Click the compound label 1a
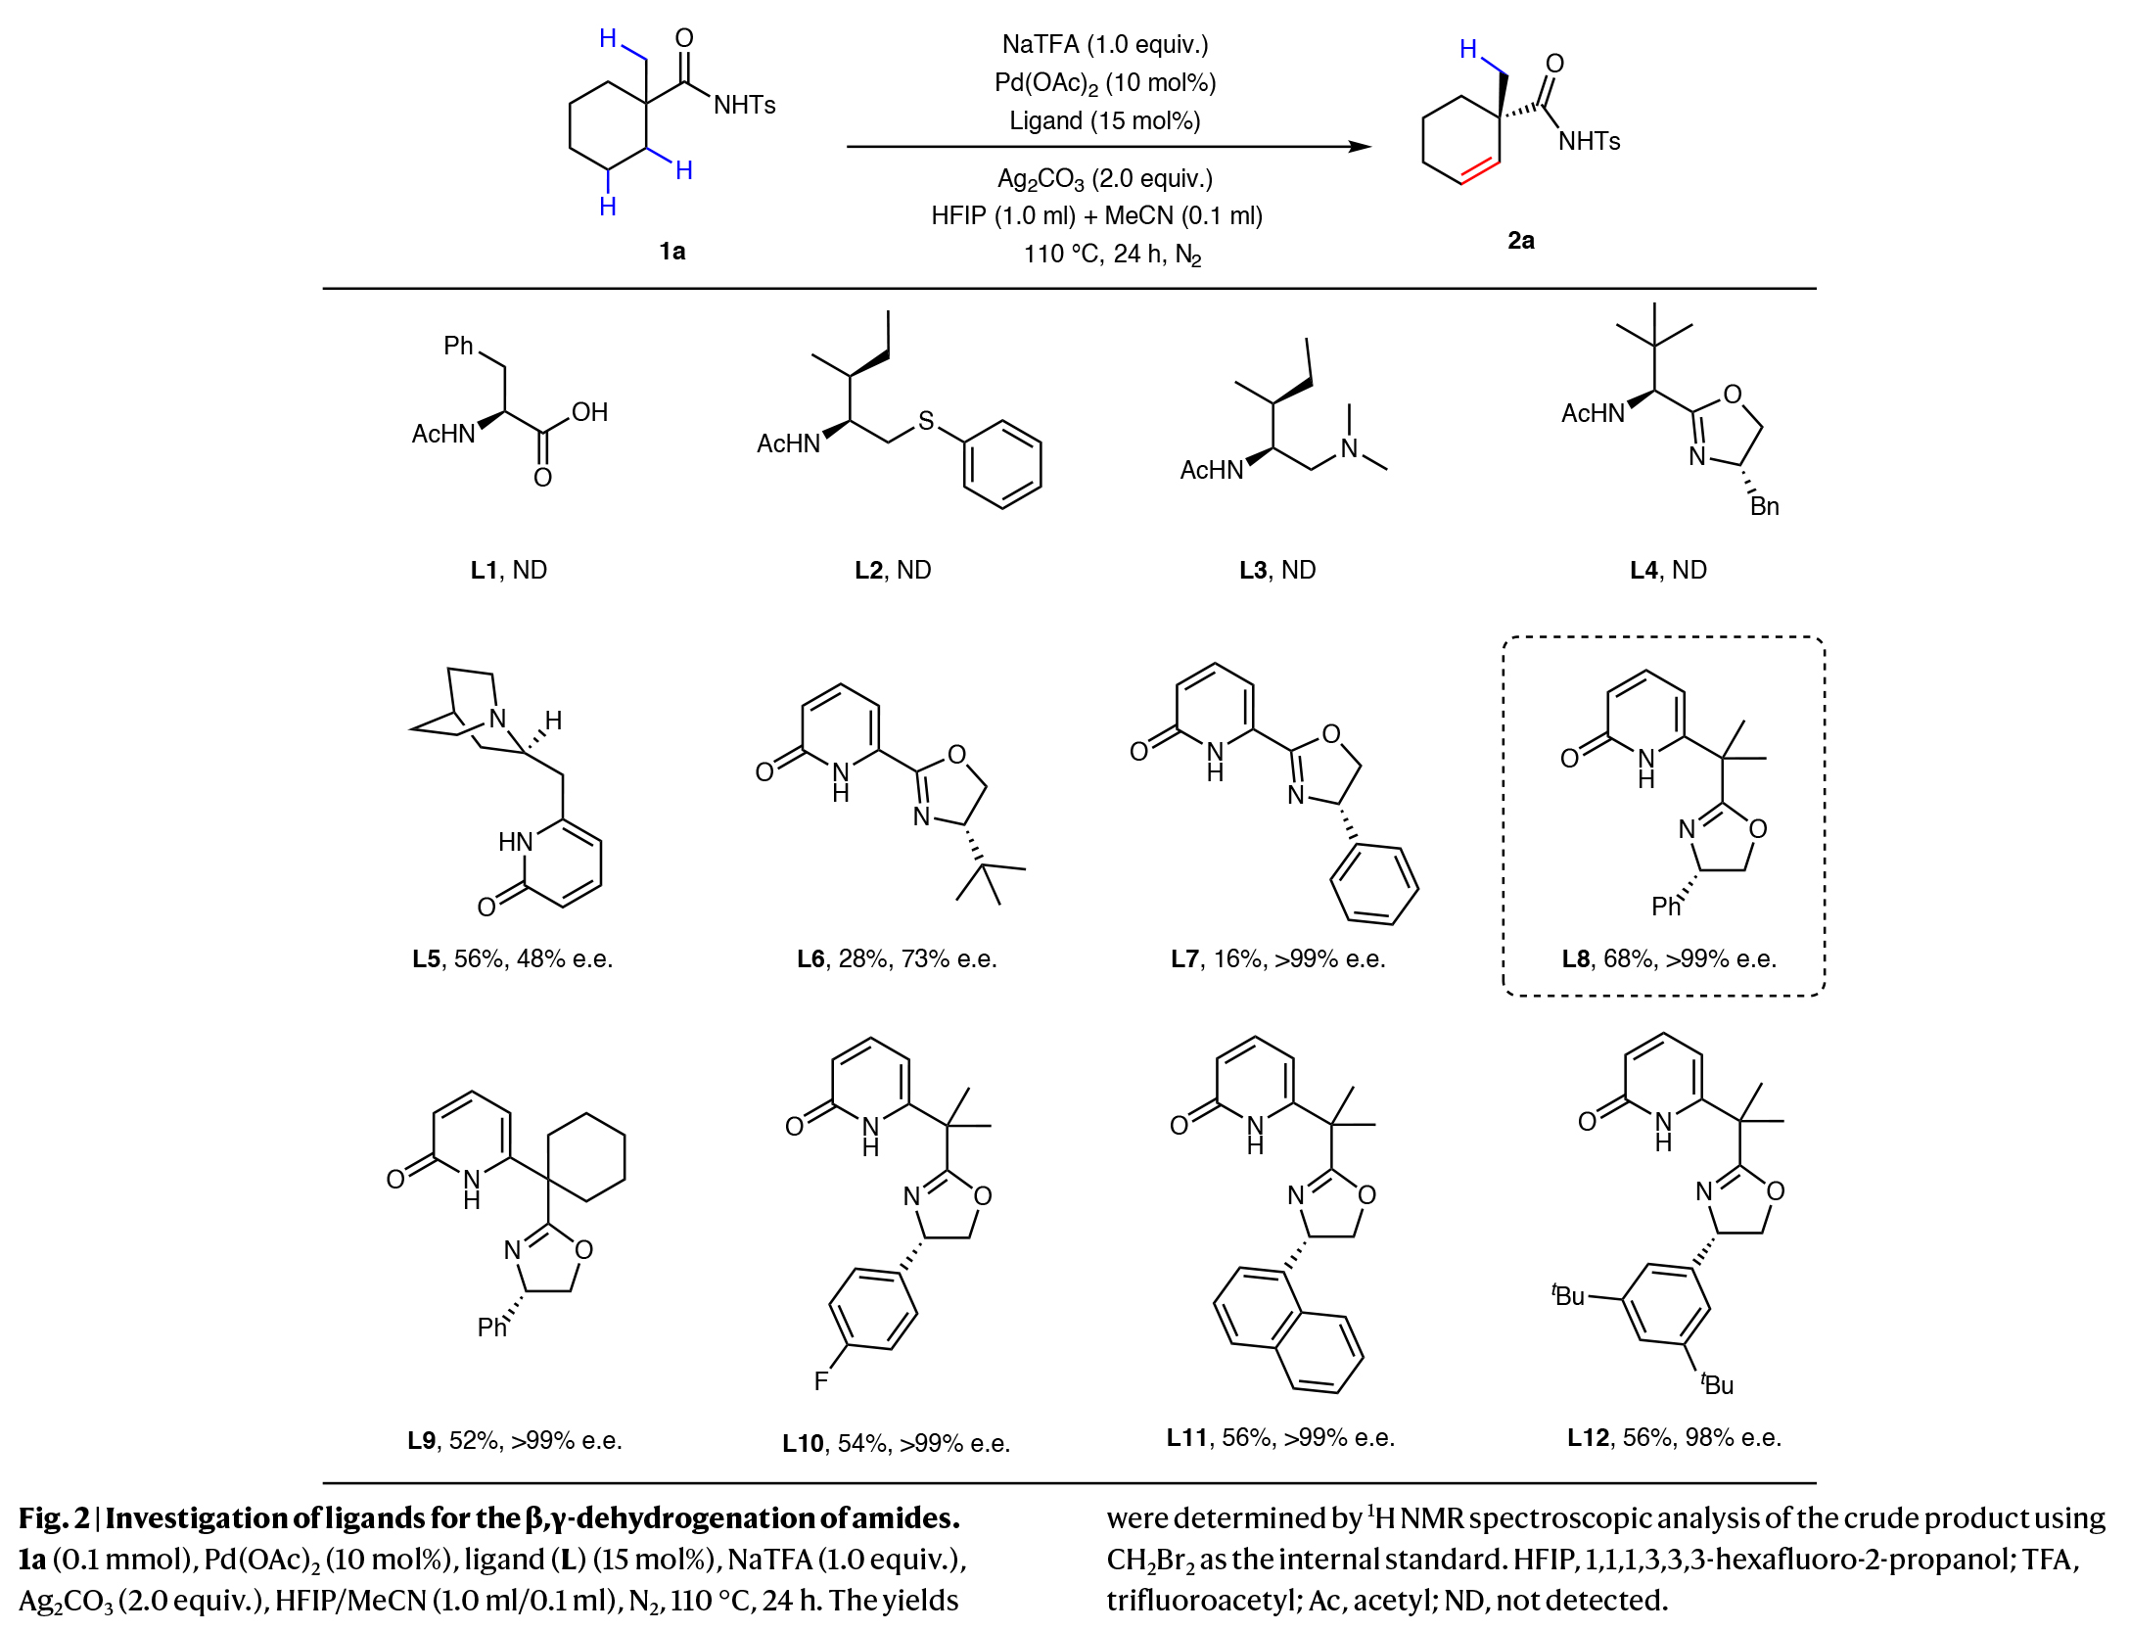tap(671, 252)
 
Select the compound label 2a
tap(1520, 241)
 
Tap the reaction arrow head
tap(1360, 147)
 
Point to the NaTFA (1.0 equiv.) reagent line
tap(1104, 45)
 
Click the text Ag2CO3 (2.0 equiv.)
tap(1104, 179)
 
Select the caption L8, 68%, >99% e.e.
tap(1668, 958)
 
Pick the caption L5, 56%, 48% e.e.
tap(512, 958)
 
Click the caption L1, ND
tap(508, 570)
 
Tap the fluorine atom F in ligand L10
tap(820, 1380)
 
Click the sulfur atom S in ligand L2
tap(925, 421)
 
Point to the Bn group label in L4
tap(1764, 506)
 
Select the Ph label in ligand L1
tap(458, 346)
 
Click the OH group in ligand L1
tap(589, 412)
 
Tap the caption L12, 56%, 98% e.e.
tap(1674, 1437)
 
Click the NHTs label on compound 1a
tap(744, 106)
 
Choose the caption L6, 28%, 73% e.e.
tap(897, 958)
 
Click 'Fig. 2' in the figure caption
tap(54, 1518)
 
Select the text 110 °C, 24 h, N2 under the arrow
tap(1112, 255)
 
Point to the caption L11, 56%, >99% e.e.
tap(1280, 1437)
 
